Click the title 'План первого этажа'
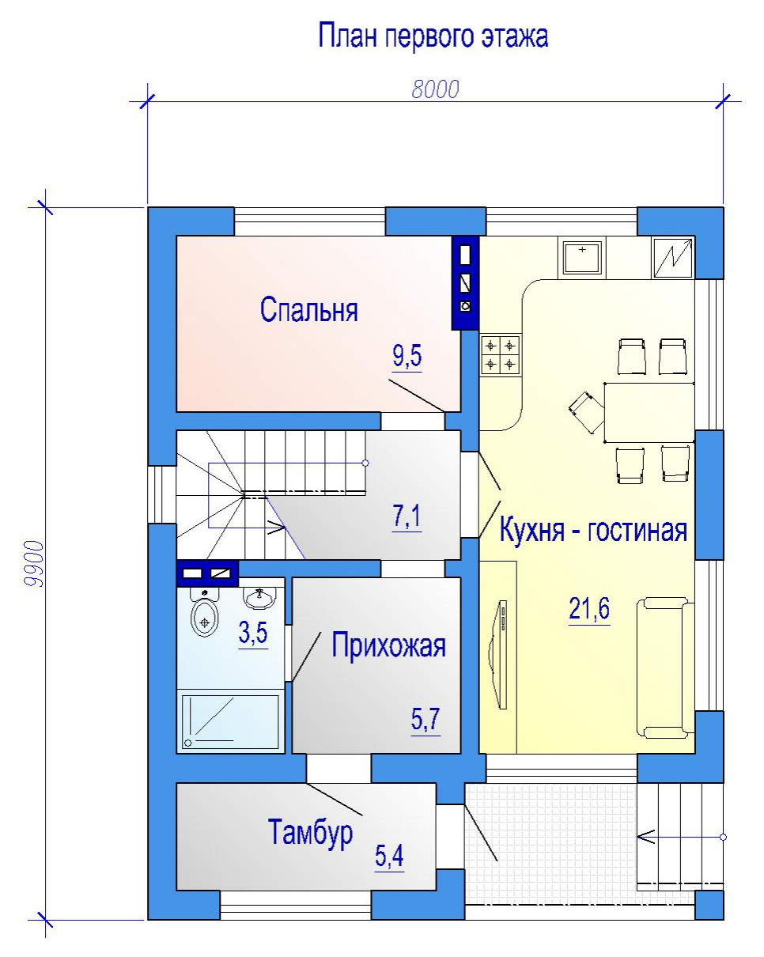[x=433, y=37]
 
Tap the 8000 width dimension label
[x=435, y=89]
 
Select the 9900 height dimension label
[x=35, y=564]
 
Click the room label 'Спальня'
[x=308, y=309]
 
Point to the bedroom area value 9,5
[x=407, y=356]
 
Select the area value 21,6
[x=589, y=608]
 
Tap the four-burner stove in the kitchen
[x=501, y=355]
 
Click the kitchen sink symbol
[x=582, y=258]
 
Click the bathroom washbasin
[x=259, y=597]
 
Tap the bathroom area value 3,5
[x=253, y=633]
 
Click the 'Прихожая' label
[x=388, y=645]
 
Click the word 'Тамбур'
[x=310, y=832]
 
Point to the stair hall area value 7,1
[x=407, y=516]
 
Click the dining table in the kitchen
[x=649, y=412]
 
